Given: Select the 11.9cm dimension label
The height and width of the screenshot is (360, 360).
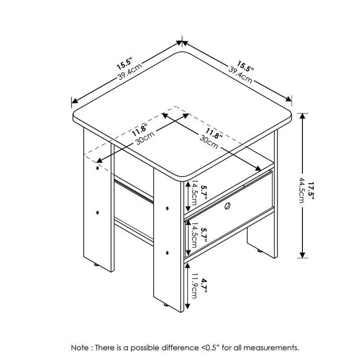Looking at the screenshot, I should point(194,286).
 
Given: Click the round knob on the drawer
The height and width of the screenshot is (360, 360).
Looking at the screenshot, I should point(228,207).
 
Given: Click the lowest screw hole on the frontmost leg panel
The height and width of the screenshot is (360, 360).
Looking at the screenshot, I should point(167,252).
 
